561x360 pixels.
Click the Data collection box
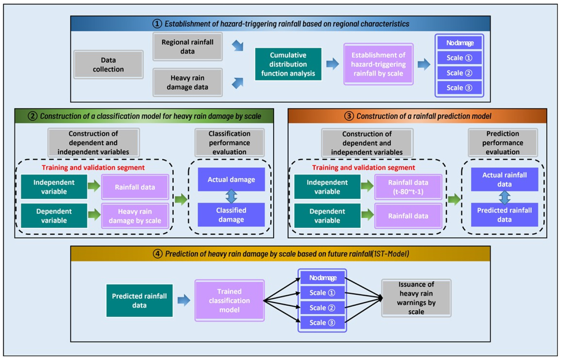pyautogui.click(x=108, y=64)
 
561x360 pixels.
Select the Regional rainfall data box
pyautogui.click(x=187, y=46)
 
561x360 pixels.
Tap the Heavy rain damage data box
pyautogui.click(x=187, y=82)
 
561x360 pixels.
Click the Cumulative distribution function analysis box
pyautogui.click(x=288, y=64)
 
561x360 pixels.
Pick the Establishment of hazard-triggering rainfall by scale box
pyautogui.click(x=378, y=64)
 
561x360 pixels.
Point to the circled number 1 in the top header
pyautogui.click(x=157, y=24)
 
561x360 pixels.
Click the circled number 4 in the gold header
pyautogui.click(x=158, y=254)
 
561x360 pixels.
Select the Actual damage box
pyautogui.click(x=231, y=179)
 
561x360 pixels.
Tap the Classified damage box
pyautogui.click(x=231, y=215)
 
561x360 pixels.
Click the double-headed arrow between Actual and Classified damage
pyautogui.click(x=231, y=196)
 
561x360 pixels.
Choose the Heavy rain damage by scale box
pyautogui.click(x=135, y=216)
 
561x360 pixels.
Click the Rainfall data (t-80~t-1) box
pyautogui.click(x=408, y=187)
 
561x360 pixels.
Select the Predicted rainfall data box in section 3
pyautogui.click(x=504, y=215)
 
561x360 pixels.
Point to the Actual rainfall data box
pyautogui.click(x=504, y=179)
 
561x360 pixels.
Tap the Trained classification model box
pyautogui.click(x=229, y=300)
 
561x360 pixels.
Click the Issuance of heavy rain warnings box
pyautogui.click(x=416, y=298)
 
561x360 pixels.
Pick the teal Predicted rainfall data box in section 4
pyautogui.click(x=139, y=300)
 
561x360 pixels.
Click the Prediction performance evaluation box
pyautogui.click(x=502, y=143)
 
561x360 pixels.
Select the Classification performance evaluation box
pyautogui.click(x=229, y=143)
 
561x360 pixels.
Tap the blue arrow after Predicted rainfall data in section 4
pyautogui.click(x=184, y=300)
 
